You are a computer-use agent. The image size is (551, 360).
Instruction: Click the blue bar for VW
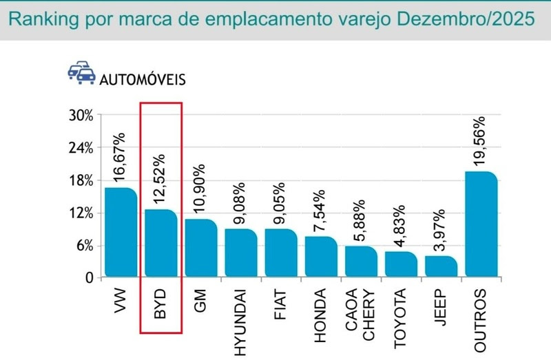121,233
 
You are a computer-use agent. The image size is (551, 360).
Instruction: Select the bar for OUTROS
481,224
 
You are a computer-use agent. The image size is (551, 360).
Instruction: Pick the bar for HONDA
321,257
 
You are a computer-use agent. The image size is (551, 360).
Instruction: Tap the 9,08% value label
241,200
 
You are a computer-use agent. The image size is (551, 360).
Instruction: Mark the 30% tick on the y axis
81,115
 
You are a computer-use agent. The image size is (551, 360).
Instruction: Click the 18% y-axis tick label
81,180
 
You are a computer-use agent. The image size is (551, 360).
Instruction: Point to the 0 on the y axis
89,278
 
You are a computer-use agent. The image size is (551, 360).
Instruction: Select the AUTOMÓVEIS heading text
143,79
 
